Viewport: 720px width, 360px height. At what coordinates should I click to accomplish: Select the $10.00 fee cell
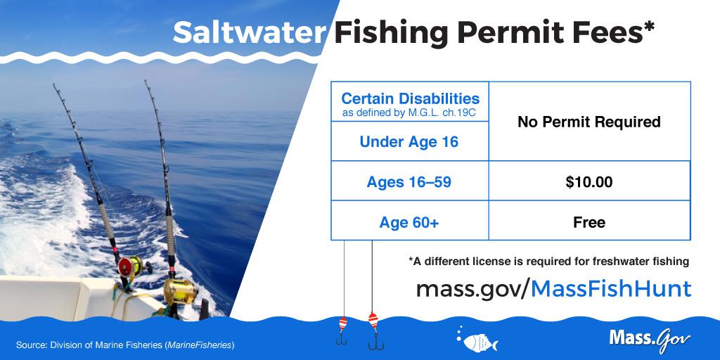(589, 182)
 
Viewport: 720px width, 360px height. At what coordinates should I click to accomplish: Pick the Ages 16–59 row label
(409, 182)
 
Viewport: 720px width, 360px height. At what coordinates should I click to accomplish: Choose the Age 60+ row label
(409, 223)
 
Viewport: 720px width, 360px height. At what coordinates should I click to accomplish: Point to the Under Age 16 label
(409, 142)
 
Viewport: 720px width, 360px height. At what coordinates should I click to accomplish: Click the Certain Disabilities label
(410, 98)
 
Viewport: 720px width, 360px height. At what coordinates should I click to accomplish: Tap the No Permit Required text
(589, 122)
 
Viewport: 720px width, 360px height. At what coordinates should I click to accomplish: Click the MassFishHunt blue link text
(611, 289)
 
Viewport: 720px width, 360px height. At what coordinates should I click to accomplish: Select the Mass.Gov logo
(650, 339)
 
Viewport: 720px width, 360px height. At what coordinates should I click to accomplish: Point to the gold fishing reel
(180, 290)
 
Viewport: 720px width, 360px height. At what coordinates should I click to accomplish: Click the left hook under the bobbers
(341, 340)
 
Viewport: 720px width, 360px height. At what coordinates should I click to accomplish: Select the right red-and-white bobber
(373, 320)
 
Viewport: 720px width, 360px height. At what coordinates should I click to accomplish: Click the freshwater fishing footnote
(548, 262)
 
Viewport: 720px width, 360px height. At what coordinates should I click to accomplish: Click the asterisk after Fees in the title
(648, 26)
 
